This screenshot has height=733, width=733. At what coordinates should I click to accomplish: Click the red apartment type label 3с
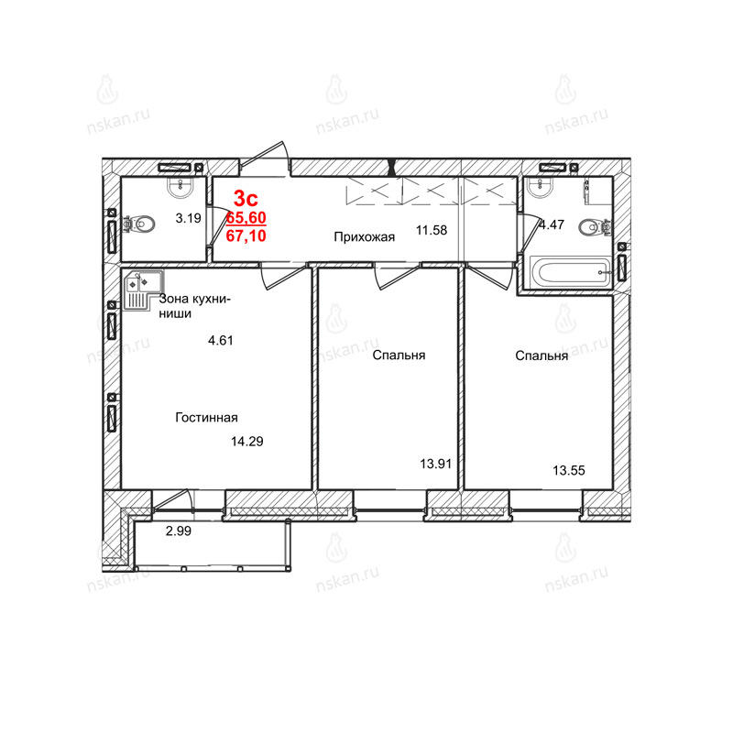(246, 199)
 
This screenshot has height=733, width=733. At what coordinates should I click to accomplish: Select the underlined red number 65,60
(246, 218)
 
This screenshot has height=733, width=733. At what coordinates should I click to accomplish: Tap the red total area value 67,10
(246, 235)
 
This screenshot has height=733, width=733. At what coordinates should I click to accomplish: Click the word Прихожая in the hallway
(364, 237)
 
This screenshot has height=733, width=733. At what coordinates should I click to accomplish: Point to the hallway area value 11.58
(432, 230)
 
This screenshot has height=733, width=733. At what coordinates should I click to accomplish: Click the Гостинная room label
(207, 417)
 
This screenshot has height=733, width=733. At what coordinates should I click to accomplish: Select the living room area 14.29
(247, 442)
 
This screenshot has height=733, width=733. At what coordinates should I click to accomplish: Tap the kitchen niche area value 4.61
(221, 340)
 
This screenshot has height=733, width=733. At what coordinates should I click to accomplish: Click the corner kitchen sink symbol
(144, 290)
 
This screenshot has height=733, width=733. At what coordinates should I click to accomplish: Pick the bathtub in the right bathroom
(570, 271)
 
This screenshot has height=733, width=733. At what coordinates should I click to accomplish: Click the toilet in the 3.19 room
(140, 224)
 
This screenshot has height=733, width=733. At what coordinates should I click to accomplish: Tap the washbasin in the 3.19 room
(180, 187)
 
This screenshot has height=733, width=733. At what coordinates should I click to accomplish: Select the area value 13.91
(436, 464)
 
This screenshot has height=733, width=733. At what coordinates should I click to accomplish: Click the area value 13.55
(569, 470)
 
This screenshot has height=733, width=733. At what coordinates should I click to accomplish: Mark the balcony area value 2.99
(179, 531)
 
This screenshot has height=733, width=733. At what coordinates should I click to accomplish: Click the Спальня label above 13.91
(399, 356)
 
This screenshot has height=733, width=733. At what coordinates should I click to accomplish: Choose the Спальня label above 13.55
(542, 356)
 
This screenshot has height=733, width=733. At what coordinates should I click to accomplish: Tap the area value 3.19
(189, 218)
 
